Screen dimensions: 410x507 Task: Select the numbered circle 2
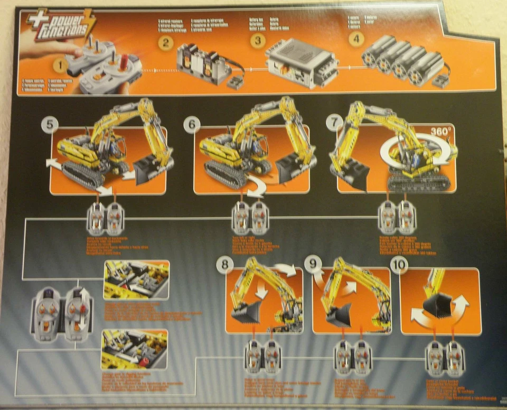coord(166,43)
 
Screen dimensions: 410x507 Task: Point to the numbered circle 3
coord(257,40)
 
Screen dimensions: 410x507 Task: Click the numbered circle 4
coord(356,39)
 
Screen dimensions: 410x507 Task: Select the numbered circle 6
coord(191,125)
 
